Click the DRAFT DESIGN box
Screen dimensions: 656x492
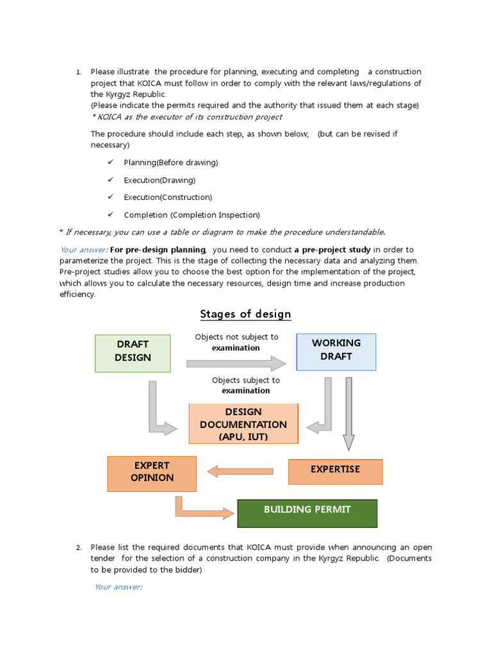coord(133,353)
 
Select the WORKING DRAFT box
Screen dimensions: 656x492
coord(336,352)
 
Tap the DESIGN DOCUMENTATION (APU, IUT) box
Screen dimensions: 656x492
coord(243,423)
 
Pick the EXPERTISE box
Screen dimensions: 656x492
coord(335,471)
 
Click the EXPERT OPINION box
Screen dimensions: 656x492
coord(152,473)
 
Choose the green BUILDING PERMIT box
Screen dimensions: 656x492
coord(307,512)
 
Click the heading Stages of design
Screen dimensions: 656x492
coord(245,314)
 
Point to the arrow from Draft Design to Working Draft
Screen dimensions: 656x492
coord(236,363)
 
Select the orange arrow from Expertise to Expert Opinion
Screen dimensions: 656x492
coord(240,472)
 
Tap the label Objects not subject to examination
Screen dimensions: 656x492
coord(236,342)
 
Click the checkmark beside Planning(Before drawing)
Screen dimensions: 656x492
coord(111,162)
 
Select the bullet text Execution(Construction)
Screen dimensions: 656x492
coord(168,197)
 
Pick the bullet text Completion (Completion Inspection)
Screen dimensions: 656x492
coord(192,215)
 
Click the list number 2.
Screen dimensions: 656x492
coord(78,548)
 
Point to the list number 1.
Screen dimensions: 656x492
coord(78,72)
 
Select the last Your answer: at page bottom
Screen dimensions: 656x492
coord(118,587)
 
